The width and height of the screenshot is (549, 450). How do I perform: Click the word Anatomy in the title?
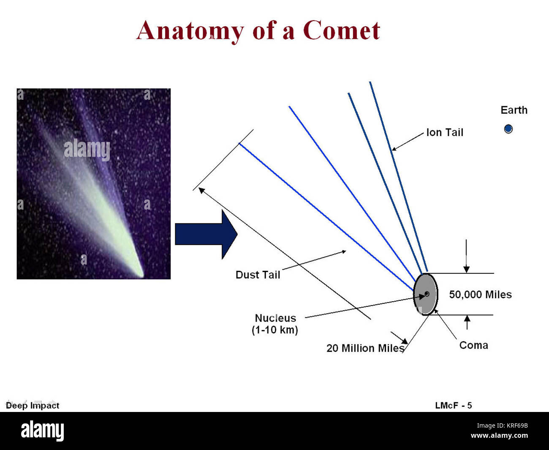(190, 31)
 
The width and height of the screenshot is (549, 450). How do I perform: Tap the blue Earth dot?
(508, 129)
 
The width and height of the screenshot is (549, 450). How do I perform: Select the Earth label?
(514, 110)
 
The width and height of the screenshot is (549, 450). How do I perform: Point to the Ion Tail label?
(445, 133)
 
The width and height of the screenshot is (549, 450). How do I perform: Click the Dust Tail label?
(258, 275)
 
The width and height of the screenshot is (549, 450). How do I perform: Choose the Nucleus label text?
(275, 318)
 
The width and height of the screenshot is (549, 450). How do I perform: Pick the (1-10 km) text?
(275, 330)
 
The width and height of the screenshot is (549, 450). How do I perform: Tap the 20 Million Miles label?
(365, 348)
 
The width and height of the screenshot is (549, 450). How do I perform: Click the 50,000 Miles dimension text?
(480, 295)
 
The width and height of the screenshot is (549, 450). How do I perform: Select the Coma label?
(473, 345)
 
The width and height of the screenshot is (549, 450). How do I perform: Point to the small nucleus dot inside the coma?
(427, 294)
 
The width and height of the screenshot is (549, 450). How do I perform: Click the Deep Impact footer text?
(33, 406)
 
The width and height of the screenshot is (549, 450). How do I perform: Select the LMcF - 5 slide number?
(453, 406)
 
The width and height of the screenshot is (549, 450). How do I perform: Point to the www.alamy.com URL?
(499, 436)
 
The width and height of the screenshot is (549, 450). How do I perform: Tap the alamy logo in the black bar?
(42, 431)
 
